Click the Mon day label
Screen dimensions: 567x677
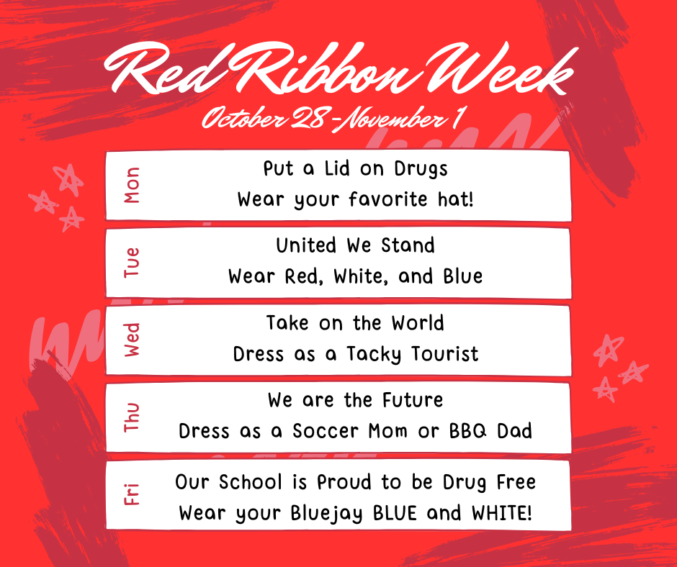tap(132, 185)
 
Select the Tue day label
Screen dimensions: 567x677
tap(132, 263)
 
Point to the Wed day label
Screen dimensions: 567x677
tap(132, 340)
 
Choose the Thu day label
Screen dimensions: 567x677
tap(132, 417)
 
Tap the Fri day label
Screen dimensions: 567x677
tap(132, 495)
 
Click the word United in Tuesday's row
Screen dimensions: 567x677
tap(307, 246)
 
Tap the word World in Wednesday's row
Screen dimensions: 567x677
tap(418, 323)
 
